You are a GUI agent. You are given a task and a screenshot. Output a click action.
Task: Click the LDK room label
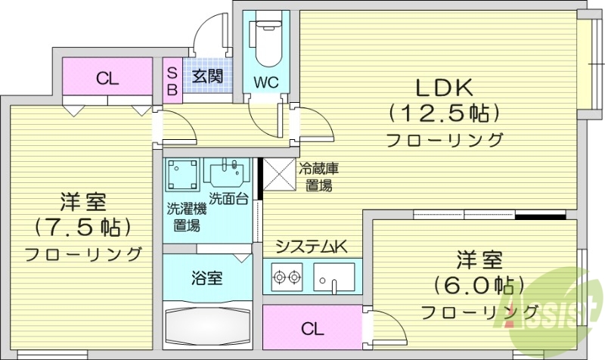pos(444,88)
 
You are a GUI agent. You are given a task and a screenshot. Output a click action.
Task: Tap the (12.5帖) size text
pos(444,113)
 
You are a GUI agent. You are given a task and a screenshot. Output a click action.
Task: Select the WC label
pos(265,81)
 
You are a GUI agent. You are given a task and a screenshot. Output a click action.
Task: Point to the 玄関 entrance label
pos(206,76)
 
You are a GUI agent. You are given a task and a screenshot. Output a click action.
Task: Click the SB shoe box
pos(172,81)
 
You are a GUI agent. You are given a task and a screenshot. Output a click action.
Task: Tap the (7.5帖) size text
pos(83,226)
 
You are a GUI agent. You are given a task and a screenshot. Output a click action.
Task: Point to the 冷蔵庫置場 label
pos(315,178)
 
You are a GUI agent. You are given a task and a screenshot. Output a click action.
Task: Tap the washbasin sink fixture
pos(226,175)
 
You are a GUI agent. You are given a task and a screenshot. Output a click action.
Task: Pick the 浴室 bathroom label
pos(206,278)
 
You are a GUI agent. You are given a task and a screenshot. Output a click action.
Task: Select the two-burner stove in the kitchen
pos(286,278)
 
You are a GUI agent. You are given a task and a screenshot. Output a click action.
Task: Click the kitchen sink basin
pos(334,276)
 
